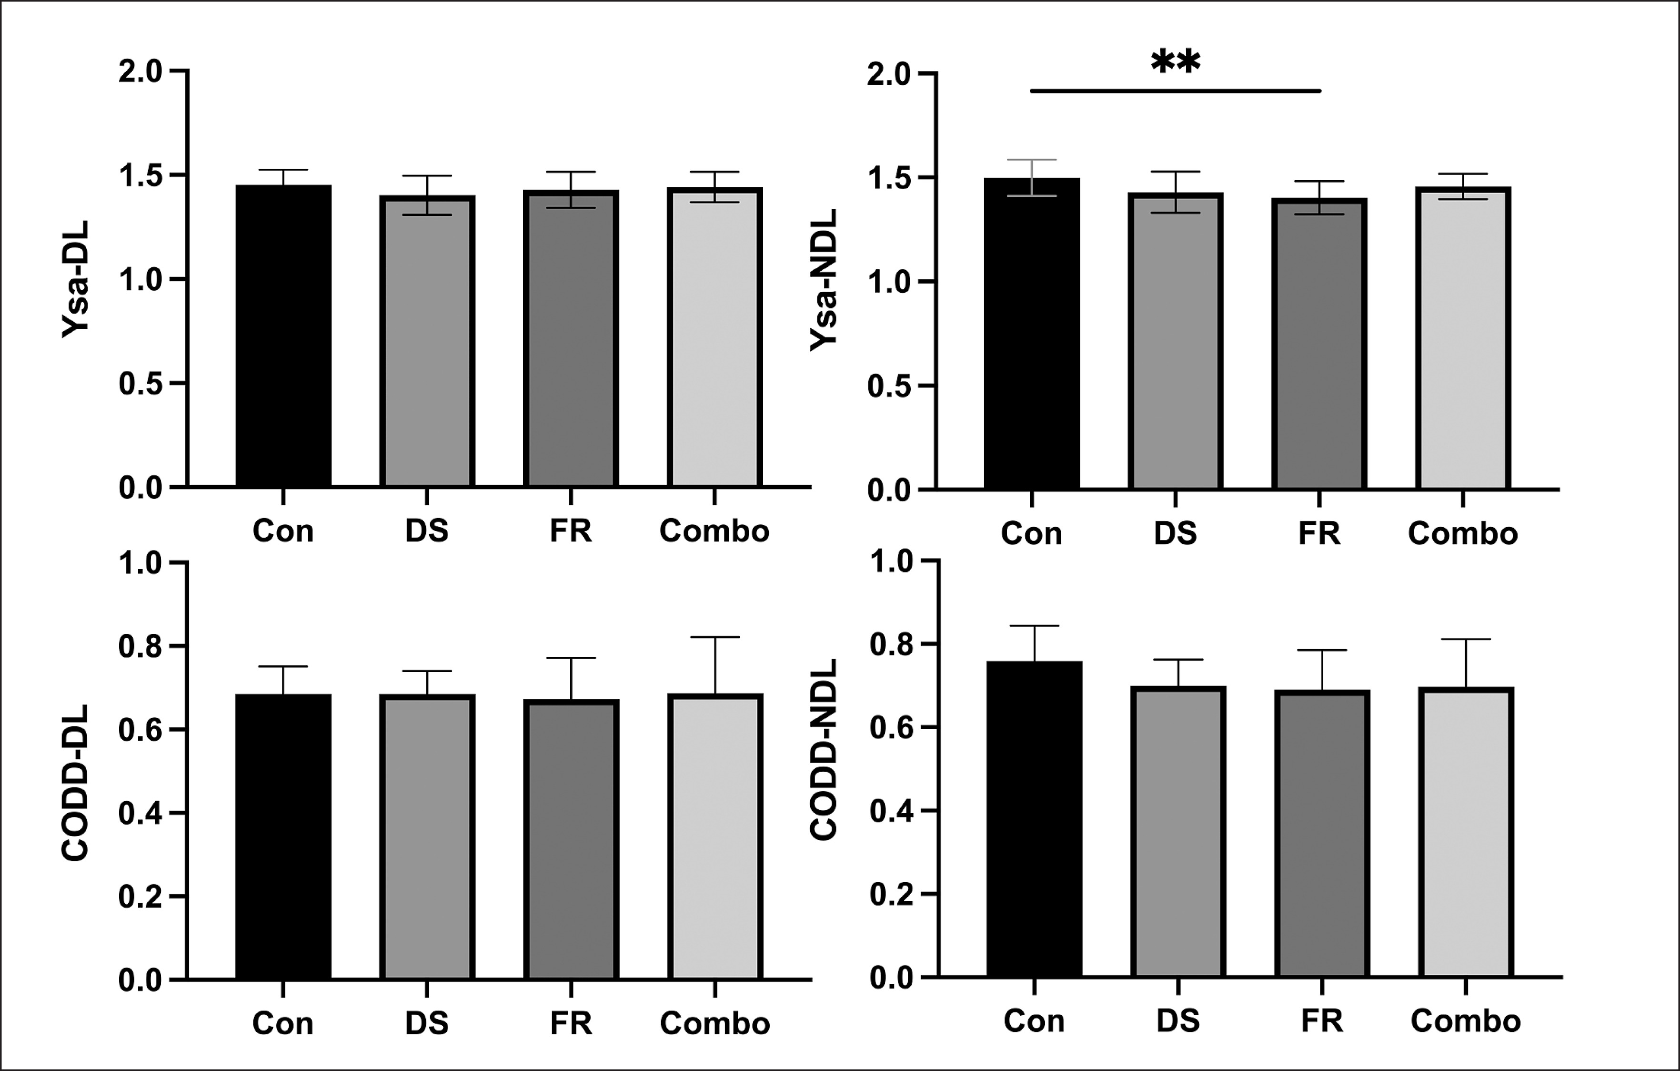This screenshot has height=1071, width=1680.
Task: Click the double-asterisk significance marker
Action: click(x=1176, y=61)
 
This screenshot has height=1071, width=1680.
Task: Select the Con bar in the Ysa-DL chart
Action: click(x=283, y=335)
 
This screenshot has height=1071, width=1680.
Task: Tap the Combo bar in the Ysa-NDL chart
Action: click(x=1463, y=338)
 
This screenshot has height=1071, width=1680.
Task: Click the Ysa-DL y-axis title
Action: click(x=75, y=279)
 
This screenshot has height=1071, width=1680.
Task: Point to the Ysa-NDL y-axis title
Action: click(x=823, y=281)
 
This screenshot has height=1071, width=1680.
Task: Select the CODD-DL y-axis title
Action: click(x=75, y=783)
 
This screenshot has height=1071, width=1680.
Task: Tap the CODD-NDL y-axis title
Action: click(x=823, y=751)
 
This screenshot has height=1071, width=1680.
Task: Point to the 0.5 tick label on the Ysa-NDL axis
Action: click(x=889, y=386)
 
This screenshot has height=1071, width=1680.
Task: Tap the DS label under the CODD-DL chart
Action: click(x=427, y=1023)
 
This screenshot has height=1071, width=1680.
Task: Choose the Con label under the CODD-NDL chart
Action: click(x=1034, y=1021)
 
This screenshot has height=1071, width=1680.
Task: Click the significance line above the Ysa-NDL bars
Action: click(x=1176, y=91)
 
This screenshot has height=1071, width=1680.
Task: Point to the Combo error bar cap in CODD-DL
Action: click(x=715, y=637)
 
